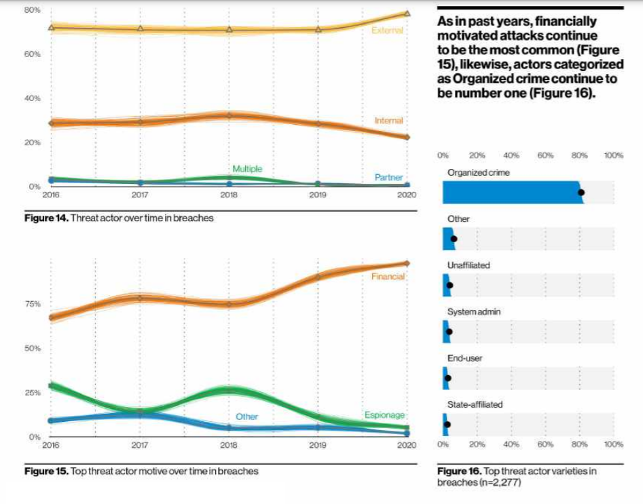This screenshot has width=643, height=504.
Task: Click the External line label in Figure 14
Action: coord(387,31)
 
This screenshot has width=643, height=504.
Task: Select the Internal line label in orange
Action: coord(388,121)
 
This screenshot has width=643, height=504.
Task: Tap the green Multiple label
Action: coord(247,169)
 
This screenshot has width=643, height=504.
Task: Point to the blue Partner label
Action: coord(389,178)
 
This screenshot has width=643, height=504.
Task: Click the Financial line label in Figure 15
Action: coord(388,277)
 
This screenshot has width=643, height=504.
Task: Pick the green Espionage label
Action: coord(384,415)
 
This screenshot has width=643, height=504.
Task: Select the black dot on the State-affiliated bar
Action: coord(447,425)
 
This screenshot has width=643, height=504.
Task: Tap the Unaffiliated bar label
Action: coord(469,266)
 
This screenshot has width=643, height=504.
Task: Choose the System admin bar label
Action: coord(475,312)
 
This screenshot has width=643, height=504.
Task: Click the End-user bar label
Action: coord(465,358)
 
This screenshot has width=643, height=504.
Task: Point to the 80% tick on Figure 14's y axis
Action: coord(33,10)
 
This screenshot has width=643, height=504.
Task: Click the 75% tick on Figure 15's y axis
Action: coord(33,304)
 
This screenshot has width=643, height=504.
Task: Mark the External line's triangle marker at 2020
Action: coord(407,13)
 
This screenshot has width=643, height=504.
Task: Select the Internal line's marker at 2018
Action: coord(229,115)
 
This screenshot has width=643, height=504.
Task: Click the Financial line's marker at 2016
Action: coord(51,317)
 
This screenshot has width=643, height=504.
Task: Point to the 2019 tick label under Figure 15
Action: coord(318,446)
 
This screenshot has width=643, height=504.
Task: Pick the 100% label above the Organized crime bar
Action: coord(614,156)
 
